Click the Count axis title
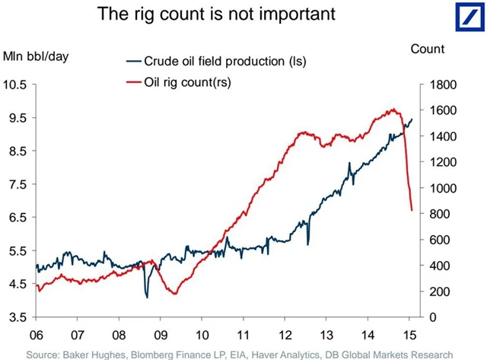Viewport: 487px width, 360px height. pyautogui.click(x=427, y=49)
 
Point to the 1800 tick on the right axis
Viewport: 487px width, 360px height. pyautogui.click(x=433, y=84)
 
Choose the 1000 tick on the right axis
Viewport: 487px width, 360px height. pyautogui.click(x=433, y=188)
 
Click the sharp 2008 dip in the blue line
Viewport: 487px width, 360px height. pyautogui.click(x=147, y=297)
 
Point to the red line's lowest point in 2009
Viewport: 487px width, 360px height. pyautogui.click(x=175, y=294)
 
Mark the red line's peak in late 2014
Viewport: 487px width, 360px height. pyautogui.click(x=393, y=109)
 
